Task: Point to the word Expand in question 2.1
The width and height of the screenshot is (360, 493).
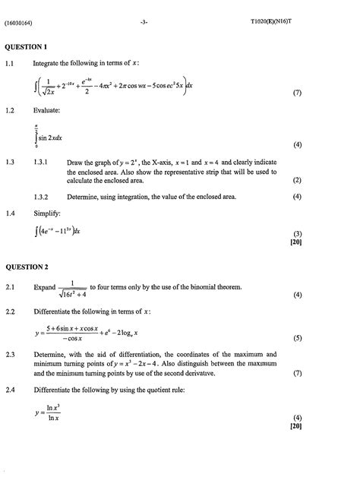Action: pos(45,287)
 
